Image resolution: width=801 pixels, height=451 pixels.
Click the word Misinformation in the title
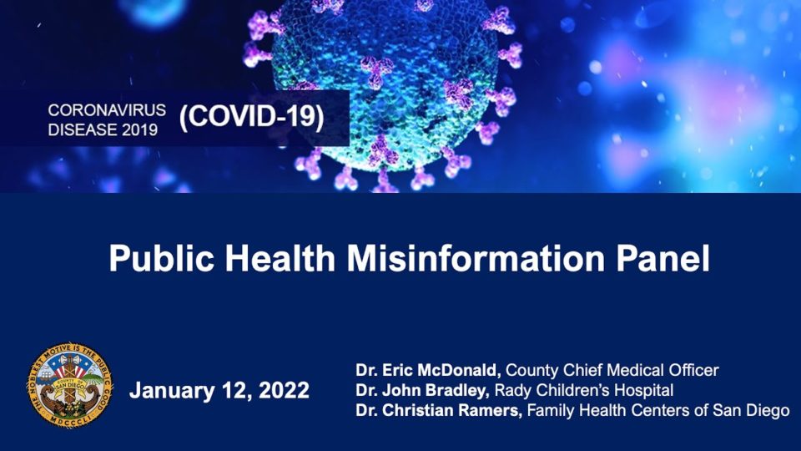pos(470,259)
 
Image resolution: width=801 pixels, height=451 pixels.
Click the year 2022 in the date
pos(281,390)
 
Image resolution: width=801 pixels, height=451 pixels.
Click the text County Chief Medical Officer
pos(612,370)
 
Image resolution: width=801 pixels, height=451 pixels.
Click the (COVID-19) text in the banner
pos(252,117)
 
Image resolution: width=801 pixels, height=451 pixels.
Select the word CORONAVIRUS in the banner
pos(107,109)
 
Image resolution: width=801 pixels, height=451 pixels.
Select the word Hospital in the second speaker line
pos(643,390)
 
